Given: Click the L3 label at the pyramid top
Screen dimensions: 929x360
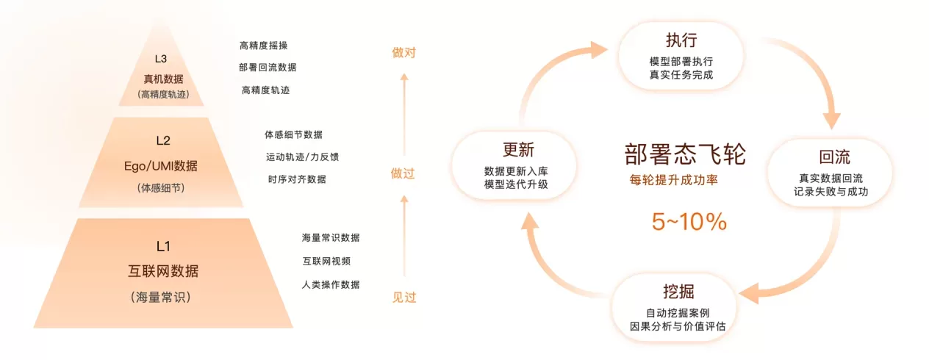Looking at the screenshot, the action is coord(160,59).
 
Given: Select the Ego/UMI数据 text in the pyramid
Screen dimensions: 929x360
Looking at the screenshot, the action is coord(160,166).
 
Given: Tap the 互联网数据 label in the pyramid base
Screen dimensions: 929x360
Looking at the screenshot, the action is coord(163,271).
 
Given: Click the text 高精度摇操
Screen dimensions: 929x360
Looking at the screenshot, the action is coord(263,46).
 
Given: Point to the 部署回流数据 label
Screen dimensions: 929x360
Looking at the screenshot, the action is coord(268,67).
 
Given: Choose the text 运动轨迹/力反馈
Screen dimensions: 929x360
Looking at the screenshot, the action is coord(302,156).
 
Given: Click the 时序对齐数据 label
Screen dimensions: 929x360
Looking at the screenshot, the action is coord(297,179).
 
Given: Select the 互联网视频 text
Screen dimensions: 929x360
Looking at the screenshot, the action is coord(326,261).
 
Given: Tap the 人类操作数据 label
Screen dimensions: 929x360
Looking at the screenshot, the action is coord(331,284).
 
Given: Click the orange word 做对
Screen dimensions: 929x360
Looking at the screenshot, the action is coord(403,53).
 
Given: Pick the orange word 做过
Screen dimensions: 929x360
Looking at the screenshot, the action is coord(403,173).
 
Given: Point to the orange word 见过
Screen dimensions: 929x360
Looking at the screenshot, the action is coord(404,298).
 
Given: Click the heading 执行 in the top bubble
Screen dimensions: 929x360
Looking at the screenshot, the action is coord(681,40).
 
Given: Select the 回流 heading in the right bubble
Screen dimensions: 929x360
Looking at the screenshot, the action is coord(834,156).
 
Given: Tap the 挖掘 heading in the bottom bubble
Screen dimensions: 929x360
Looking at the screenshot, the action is coord(678,292).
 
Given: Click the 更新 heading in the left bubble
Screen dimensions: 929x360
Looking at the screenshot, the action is coord(518,150).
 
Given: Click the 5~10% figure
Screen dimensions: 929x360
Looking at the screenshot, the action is coord(689,221).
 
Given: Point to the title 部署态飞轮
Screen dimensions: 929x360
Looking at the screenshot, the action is coord(685,154).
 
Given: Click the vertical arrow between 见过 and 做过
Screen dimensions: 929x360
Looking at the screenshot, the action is coord(404,236).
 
